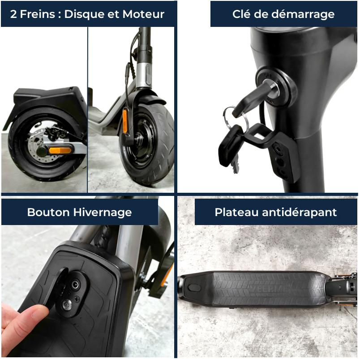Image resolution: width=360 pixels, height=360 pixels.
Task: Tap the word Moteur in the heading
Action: tap(143, 14)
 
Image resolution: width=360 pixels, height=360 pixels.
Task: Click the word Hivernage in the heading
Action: tap(103, 212)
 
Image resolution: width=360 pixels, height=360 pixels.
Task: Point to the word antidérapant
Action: tap(300, 212)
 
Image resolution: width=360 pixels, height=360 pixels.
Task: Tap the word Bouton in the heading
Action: tap(48, 212)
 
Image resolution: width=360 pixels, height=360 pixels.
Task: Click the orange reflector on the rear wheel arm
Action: tap(60, 151)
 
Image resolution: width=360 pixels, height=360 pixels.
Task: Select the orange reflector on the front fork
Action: tap(125, 121)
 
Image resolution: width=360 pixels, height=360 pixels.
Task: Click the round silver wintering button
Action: tap(67, 305)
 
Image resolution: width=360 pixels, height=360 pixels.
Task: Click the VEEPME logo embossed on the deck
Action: tap(268, 289)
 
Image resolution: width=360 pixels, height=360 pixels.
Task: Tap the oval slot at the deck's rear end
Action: tap(194, 287)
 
